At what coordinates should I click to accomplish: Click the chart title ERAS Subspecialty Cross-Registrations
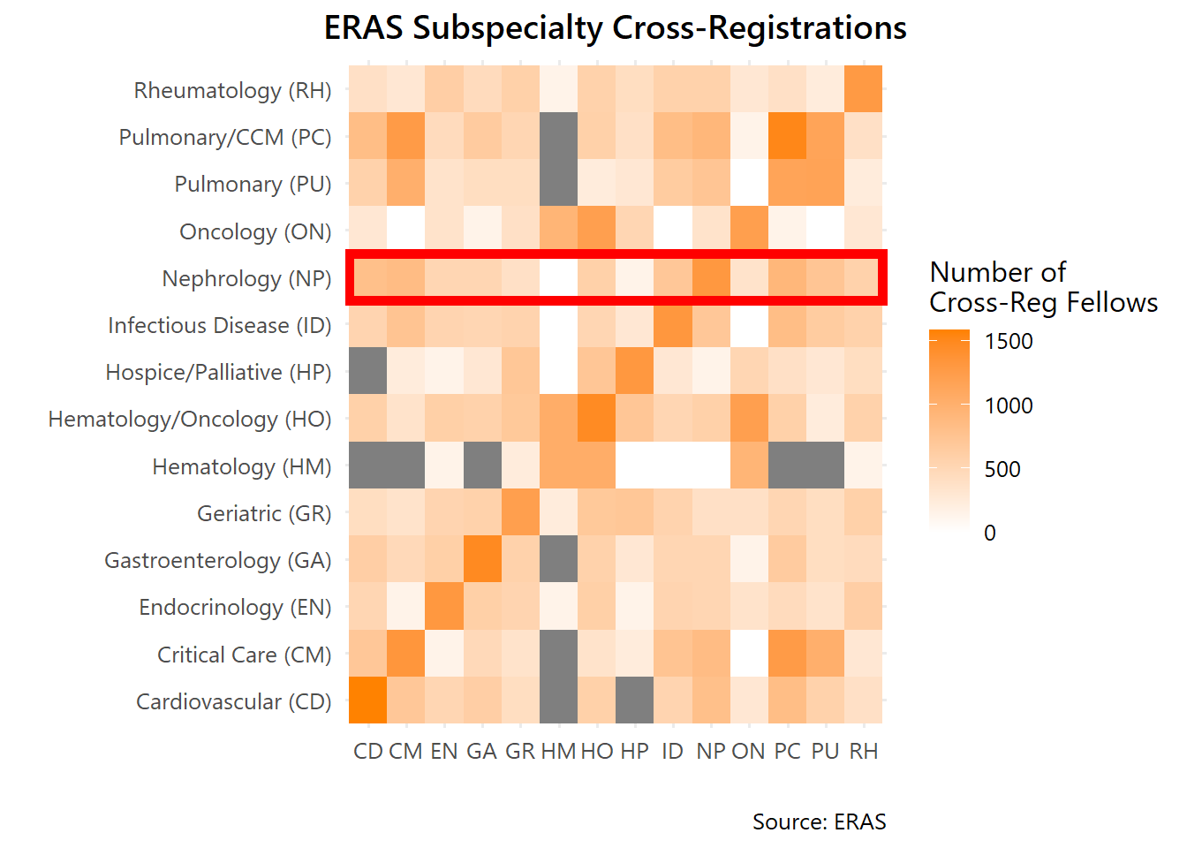point(615,28)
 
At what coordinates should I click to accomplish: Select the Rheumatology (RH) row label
point(232,90)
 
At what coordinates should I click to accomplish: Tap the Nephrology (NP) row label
point(246,278)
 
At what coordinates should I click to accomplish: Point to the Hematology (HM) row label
point(241,466)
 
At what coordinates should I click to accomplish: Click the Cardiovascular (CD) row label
point(233,701)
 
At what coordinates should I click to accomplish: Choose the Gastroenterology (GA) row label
point(217,560)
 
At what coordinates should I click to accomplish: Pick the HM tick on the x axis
point(558,751)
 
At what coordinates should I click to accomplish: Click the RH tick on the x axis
point(863,751)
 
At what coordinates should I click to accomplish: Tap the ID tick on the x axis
point(672,751)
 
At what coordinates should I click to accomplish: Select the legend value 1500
point(1009,341)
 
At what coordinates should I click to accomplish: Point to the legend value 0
point(990,533)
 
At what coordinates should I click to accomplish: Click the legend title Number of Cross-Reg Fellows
point(1043,287)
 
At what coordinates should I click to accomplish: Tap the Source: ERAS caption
point(819,821)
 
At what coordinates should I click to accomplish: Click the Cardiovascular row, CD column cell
point(367,700)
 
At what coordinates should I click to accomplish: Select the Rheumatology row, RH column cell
point(863,89)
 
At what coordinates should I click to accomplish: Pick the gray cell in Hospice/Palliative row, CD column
point(367,371)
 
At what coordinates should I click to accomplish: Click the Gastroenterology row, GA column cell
point(482,559)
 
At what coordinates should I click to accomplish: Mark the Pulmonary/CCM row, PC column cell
point(787,136)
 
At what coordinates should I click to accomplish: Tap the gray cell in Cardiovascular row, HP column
point(634,700)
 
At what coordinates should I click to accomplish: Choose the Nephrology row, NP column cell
point(711,277)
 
